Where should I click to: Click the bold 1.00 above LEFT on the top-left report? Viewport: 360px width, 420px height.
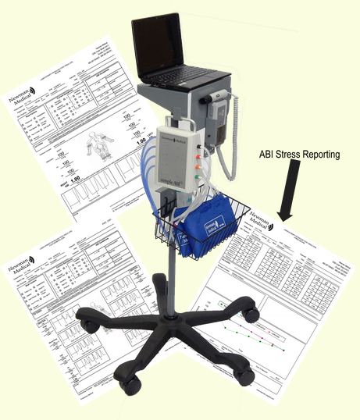pyautogui.click(x=141, y=144)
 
